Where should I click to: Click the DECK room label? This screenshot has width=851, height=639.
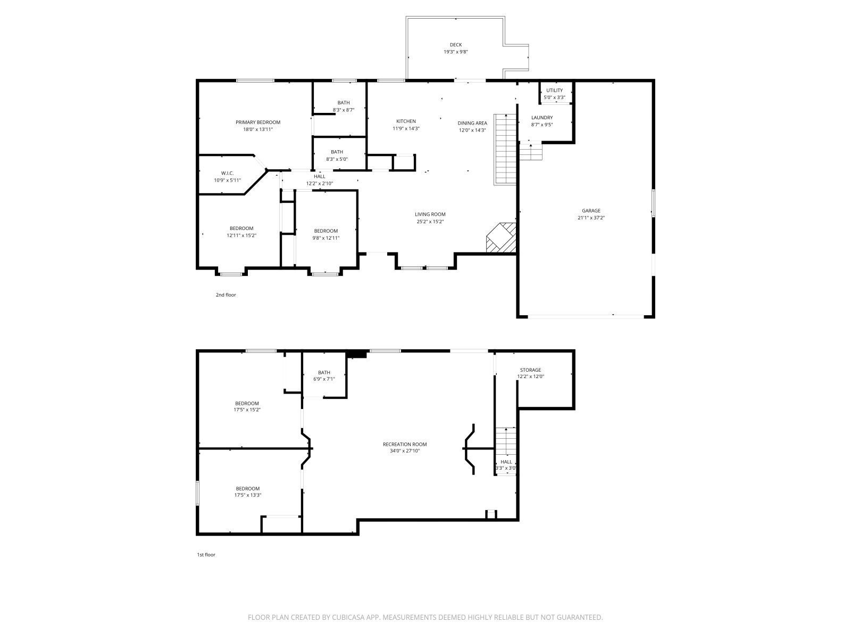(x=455, y=45)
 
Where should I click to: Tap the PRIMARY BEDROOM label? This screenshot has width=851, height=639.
(x=258, y=122)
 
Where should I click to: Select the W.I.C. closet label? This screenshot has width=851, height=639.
(x=227, y=173)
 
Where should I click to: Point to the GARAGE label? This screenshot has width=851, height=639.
(x=591, y=211)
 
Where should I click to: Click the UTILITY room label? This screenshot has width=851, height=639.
(x=554, y=91)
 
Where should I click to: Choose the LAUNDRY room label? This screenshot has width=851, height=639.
(x=542, y=118)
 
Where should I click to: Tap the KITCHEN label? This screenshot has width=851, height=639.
(x=406, y=121)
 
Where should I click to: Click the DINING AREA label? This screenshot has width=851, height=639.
(x=472, y=124)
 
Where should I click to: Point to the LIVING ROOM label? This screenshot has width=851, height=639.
(x=430, y=214)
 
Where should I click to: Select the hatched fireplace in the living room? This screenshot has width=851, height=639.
(x=502, y=238)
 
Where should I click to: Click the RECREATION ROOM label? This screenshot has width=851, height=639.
(x=405, y=444)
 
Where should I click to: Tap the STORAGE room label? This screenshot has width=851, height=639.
(x=530, y=370)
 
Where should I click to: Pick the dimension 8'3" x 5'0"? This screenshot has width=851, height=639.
(x=337, y=159)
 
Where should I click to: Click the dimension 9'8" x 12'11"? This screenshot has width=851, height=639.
(x=326, y=238)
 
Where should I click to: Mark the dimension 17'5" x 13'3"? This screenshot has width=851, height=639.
(x=247, y=495)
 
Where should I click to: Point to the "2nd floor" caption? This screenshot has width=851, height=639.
(x=226, y=295)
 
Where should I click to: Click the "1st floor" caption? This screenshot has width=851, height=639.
(x=206, y=555)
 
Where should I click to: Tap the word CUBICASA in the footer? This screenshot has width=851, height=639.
(x=348, y=617)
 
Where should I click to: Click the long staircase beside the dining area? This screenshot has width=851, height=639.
(x=505, y=150)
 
